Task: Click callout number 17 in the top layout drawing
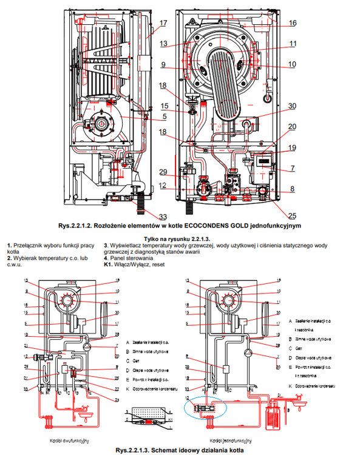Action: (x=163, y=24)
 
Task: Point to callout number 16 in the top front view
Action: (x=293, y=22)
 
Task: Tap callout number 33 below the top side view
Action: (x=163, y=217)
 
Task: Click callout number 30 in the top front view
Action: (x=293, y=106)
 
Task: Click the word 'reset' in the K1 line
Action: (x=158, y=265)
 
